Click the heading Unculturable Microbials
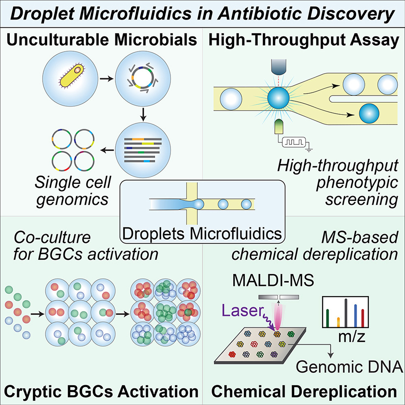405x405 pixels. pos(101,41)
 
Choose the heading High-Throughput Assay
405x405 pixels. pos(304,41)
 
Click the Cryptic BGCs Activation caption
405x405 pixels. pos(101,391)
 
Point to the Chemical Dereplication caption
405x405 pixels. pos(304,391)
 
